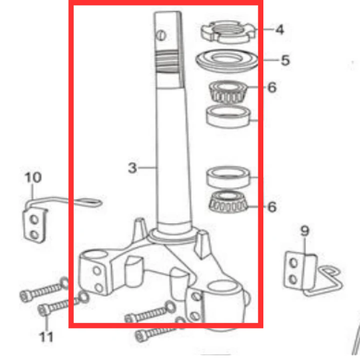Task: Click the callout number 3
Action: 133,168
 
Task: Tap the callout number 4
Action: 280,30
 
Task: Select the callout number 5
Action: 285,60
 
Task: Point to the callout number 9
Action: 304,231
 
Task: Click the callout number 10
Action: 33,177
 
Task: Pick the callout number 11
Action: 46,337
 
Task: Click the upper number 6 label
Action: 272,88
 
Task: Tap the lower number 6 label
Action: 272,207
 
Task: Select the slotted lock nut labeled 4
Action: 228,32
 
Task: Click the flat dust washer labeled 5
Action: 227,61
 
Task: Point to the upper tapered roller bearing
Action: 227,92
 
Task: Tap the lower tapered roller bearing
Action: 228,202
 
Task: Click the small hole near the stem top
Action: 161,36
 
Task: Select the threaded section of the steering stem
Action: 167,62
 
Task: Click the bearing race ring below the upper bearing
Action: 228,116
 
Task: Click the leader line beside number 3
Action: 148,168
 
